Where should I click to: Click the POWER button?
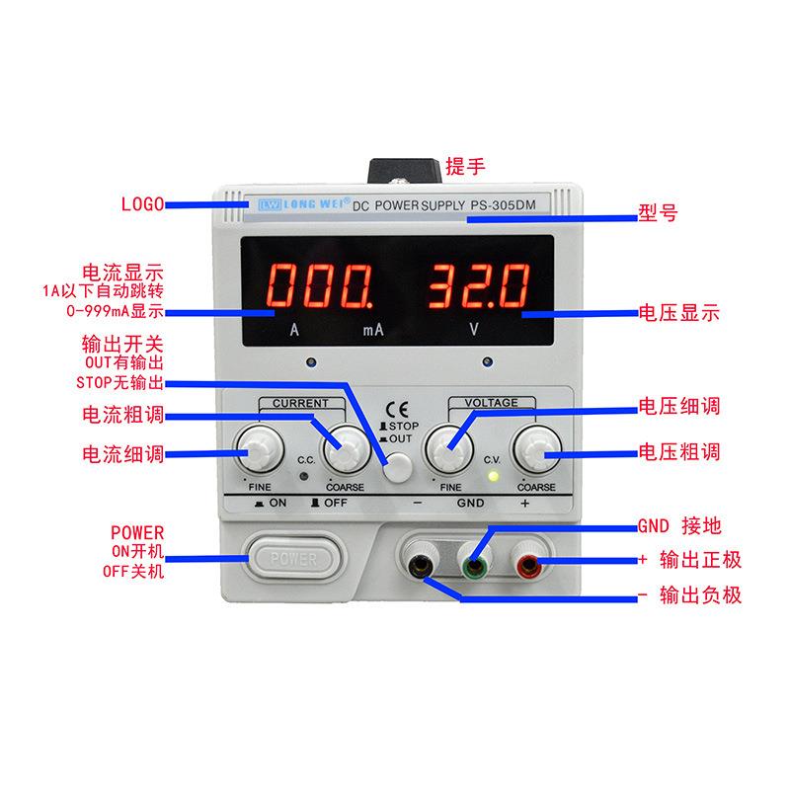pyautogui.click(x=293, y=559)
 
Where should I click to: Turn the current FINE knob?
pyautogui.click(x=258, y=452)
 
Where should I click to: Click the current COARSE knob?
pyautogui.click(x=346, y=451)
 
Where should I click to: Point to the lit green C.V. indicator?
pyautogui.click(x=492, y=476)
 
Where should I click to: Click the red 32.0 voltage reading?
pyautogui.click(x=475, y=287)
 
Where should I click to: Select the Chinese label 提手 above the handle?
pyautogui.click(x=465, y=166)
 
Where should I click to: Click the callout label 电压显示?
pyautogui.click(x=679, y=315)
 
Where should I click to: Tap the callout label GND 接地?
pyautogui.click(x=683, y=524)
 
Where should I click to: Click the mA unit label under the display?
pyautogui.click(x=372, y=331)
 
